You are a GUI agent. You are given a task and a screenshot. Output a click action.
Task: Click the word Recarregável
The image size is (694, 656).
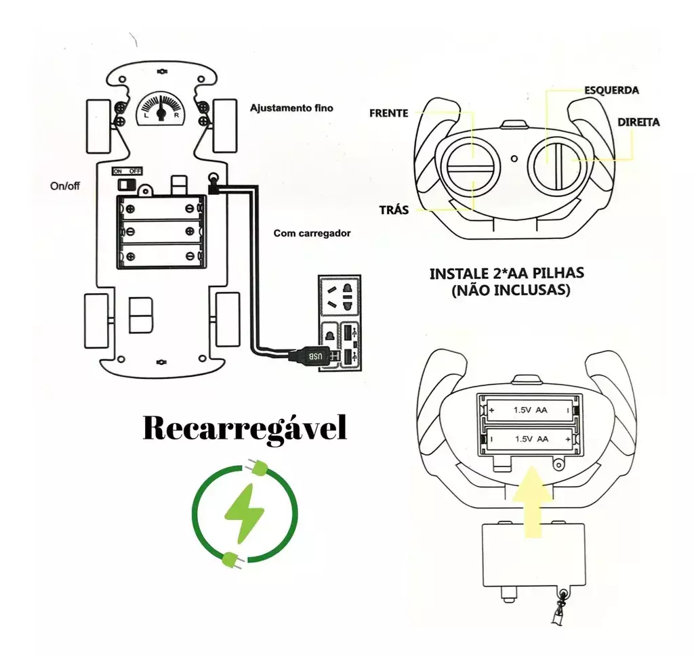point(245,429)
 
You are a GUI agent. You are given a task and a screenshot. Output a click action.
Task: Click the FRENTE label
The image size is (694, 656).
point(388,113)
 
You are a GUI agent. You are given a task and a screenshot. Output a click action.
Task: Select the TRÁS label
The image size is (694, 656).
point(394,209)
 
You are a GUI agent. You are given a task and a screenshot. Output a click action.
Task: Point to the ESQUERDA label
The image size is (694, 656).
point(611,89)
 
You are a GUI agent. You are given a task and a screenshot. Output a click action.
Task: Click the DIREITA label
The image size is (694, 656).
point(638,123)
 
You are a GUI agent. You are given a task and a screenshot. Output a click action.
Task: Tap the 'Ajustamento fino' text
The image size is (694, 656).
point(291,108)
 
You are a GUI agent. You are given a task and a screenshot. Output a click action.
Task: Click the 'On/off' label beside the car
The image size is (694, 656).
point(65,185)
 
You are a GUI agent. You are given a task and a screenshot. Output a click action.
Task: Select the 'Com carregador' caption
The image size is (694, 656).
point(312,233)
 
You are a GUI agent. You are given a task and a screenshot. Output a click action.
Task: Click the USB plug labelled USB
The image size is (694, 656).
point(314,355)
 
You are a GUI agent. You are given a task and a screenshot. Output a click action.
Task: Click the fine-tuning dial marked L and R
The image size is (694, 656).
point(161,108)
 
